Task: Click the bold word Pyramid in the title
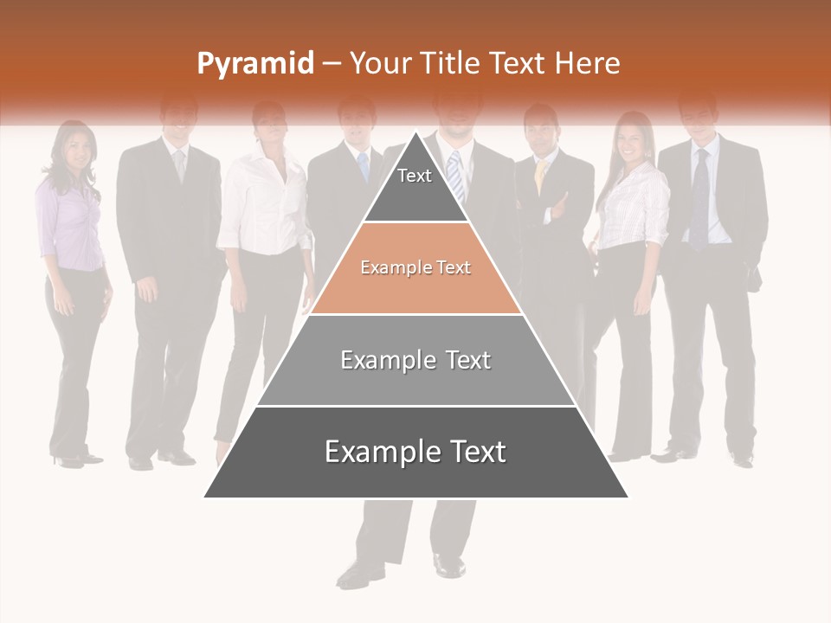tap(254, 64)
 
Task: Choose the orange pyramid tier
tap(415, 268)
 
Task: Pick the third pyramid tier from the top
tap(415, 360)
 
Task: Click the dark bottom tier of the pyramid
tap(415, 452)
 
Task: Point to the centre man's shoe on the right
tap(448, 565)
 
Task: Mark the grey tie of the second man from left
tap(179, 164)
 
